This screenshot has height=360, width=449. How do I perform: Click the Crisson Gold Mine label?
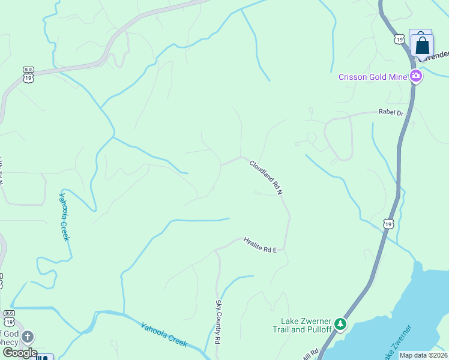(x=372, y=76)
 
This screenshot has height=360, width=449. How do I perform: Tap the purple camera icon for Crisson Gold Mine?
(x=415, y=76)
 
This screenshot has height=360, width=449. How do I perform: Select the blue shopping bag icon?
(x=422, y=45)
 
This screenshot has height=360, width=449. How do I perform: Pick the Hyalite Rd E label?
(x=260, y=245)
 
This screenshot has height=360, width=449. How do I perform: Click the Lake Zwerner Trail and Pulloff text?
(x=303, y=325)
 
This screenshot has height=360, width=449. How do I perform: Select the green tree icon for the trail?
(x=341, y=325)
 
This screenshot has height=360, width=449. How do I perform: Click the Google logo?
(x=19, y=353)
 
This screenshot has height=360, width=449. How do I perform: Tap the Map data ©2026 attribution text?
(x=423, y=355)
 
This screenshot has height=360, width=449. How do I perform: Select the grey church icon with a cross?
(x=28, y=337)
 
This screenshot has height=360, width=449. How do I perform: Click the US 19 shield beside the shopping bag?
(x=400, y=39)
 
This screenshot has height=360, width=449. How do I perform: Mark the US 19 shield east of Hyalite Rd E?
(x=389, y=224)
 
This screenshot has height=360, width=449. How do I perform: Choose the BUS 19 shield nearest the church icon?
(x=9, y=316)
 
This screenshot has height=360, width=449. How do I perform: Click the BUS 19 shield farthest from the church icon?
(x=28, y=73)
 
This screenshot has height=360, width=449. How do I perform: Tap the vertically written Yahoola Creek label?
(x=64, y=216)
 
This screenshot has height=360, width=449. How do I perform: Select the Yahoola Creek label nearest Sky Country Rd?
(x=164, y=335)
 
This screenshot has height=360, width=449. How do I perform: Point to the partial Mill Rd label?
(x=310, y=353)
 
